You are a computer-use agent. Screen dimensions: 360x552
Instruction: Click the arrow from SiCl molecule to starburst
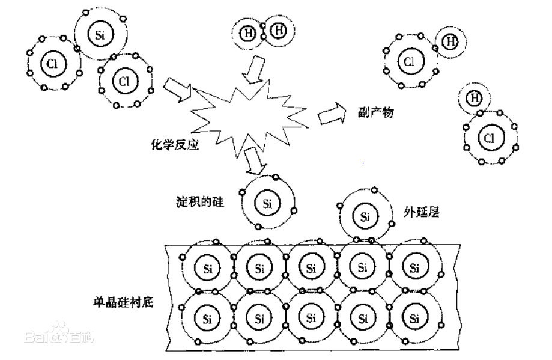tap(178, 89)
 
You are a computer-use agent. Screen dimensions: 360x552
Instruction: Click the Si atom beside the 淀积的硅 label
tap(267, 203)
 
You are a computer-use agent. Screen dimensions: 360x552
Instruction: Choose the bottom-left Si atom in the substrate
tap(207, 317)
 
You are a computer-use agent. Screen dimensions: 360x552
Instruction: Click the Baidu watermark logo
tap(59, 334)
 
